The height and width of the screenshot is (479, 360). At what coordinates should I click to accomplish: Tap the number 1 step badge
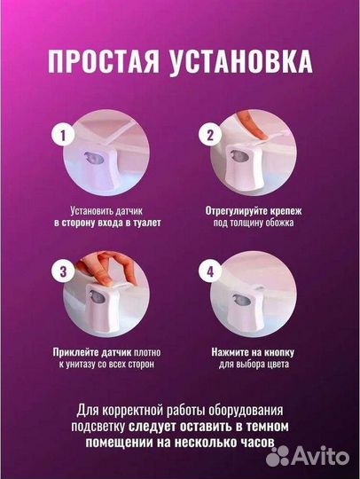60,136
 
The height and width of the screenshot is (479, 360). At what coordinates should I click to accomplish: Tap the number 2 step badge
211,136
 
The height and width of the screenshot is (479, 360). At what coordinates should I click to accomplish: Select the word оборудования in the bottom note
252,410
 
